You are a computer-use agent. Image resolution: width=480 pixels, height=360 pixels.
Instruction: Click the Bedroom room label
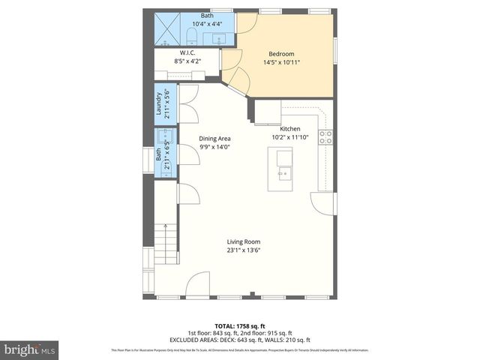tap(281, 53)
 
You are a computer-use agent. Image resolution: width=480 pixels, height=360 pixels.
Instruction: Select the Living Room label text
tap(244, 241)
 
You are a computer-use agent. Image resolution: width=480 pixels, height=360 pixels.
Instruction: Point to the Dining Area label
tap(214, 139)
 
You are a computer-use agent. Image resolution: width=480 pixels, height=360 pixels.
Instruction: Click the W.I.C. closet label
tap(187, 52)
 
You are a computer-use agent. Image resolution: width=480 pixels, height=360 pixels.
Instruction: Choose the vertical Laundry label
tap(159, 104)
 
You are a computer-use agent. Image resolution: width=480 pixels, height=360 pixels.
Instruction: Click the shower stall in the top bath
tap(166, 31)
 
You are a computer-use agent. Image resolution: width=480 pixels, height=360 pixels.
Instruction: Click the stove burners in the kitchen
tap(325, 136)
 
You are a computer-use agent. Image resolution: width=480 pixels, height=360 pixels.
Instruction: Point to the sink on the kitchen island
tap(284, 175)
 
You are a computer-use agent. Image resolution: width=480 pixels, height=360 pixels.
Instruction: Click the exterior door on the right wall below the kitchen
tap(323, 203)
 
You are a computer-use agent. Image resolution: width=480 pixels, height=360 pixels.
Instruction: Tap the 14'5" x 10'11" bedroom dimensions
tap(281, 63)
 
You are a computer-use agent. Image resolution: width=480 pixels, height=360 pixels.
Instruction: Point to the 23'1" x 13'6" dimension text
tap(244, 251)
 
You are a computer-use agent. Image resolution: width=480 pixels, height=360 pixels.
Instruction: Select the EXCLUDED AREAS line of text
tap(239, 340)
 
